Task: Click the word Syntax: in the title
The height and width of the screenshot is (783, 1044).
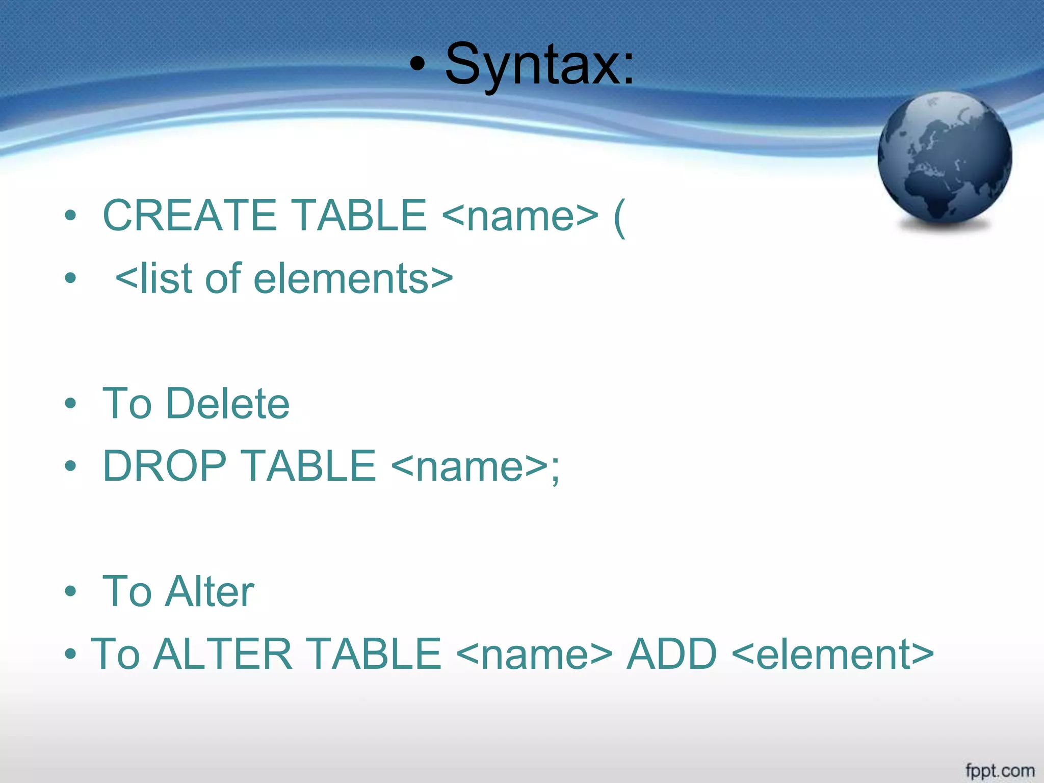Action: click(x=539, y=65)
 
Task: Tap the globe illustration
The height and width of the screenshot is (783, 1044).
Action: click(x=945, y=159)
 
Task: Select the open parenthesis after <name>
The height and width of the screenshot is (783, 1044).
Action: click(x=619, y=217)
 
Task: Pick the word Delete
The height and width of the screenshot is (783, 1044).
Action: click(x=228, y=404)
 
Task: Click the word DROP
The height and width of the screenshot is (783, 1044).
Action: click(x=164, y=466)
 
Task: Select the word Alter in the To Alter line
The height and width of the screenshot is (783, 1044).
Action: click(x=210, y=591)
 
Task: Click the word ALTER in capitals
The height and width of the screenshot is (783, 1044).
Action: click(x=223, y=654)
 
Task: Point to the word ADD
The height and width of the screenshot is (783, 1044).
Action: click(x=671, y=654)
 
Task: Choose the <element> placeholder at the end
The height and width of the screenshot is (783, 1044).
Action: click(x=832, y=654)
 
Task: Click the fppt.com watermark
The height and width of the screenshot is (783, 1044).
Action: click(x=1000, y=770)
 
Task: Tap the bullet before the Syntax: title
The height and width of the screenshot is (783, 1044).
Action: click(x=417, y=65)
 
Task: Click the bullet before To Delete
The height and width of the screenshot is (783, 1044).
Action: click(x=70, y=404)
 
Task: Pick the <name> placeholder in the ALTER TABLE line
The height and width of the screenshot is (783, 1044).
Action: click(x=534, y=654)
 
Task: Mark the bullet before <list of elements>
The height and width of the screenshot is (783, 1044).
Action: click(x=70, y=279)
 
